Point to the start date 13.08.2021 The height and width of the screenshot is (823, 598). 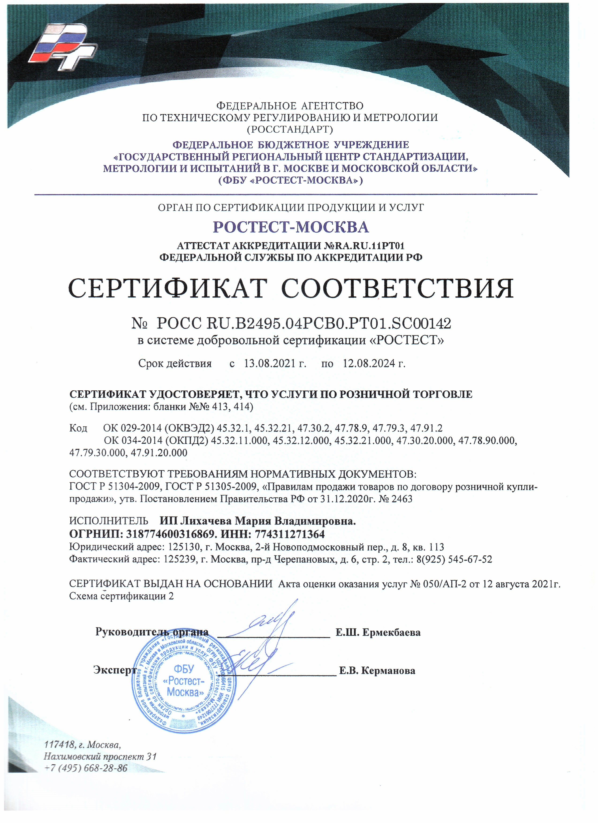[x=270, y=363]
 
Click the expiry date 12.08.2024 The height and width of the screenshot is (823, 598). [x=369, y=363]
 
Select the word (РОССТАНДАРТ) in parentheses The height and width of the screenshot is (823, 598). [x=290, y=129]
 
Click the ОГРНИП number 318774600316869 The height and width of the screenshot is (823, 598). [x=171, y=534]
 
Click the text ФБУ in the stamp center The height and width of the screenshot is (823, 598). [x=184, y=669]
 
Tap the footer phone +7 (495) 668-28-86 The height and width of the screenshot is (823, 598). [x=86, y=768]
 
